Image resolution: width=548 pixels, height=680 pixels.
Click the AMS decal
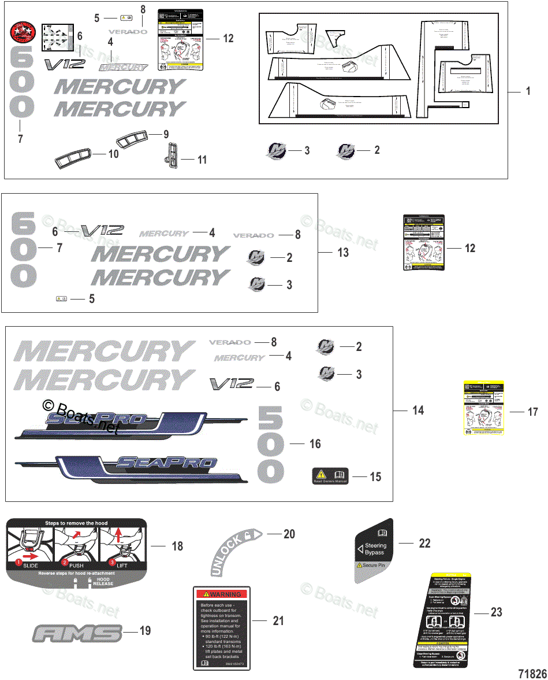[78, 633]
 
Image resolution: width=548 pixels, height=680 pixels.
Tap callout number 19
[145, 630]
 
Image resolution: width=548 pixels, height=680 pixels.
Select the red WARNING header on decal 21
[221, 594]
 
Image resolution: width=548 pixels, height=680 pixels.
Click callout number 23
[496, 612]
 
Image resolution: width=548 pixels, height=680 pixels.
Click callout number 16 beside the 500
[315, 444]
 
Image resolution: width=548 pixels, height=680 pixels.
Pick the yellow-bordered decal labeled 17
[484, 408]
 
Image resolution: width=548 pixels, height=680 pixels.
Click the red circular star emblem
[24, 32]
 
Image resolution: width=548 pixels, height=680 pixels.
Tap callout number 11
[202, 160]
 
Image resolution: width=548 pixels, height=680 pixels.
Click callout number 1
[527, 91]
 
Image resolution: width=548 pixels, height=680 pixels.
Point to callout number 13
[343, 253]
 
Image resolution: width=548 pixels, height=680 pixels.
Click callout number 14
[417, 410]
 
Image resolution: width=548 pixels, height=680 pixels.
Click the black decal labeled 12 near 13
[423, 242]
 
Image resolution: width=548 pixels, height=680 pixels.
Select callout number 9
[166, 134]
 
